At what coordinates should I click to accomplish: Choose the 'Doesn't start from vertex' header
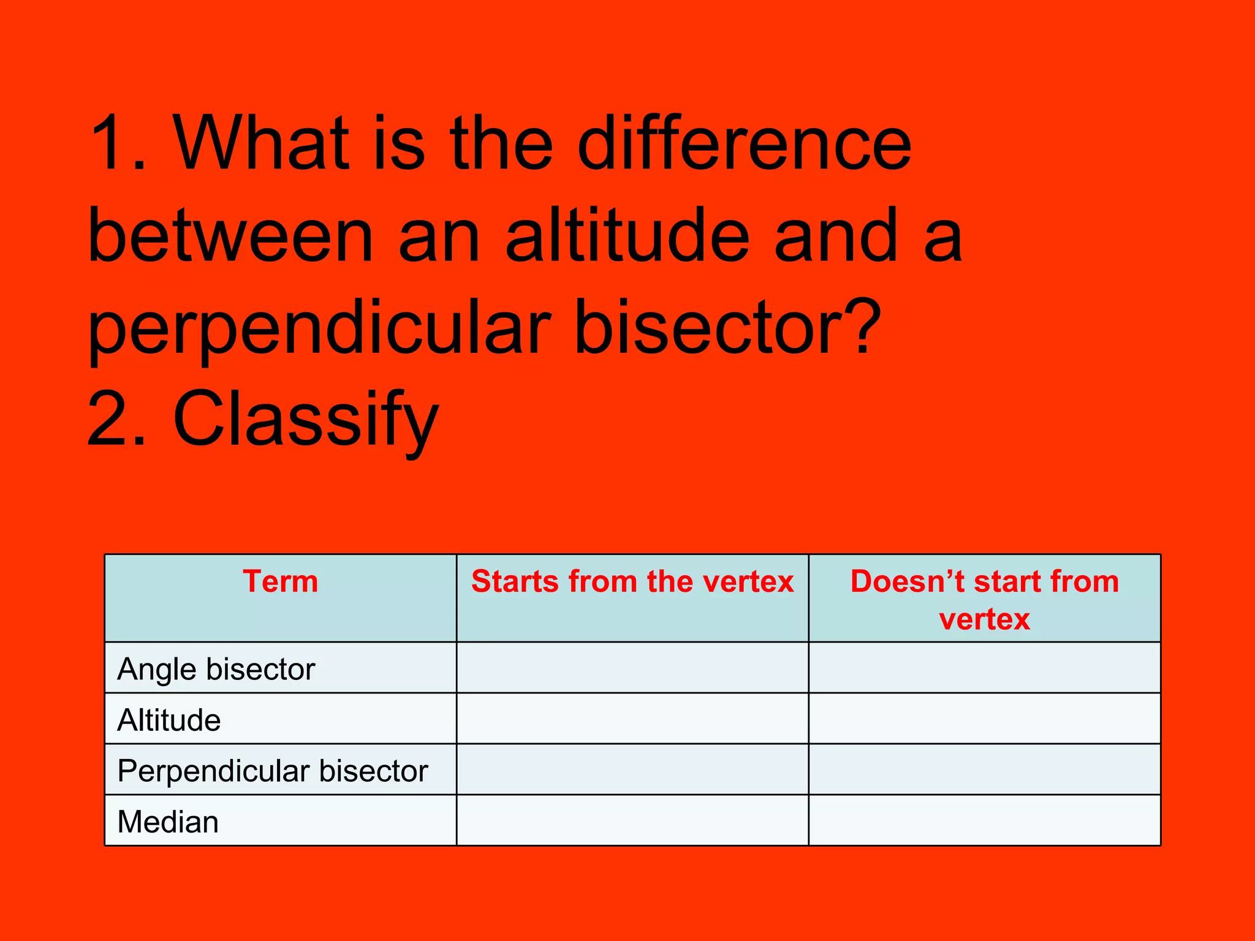coord(984,599)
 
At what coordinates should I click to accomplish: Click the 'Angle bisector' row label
coord(216,668)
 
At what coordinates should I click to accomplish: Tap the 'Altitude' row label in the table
coord(169,719)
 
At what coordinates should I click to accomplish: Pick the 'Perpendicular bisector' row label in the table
coord(273,770)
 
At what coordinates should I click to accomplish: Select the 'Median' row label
coord(168,821)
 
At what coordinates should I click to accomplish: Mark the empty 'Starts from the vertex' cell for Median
coord(632,821)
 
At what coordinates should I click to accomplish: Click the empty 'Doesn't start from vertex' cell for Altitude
coord(984,719)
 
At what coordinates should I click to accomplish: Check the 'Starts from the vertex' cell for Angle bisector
coord(632,668)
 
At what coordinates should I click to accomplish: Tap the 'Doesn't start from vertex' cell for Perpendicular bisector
coord(984,769)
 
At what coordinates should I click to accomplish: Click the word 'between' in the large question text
coord(230,236)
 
